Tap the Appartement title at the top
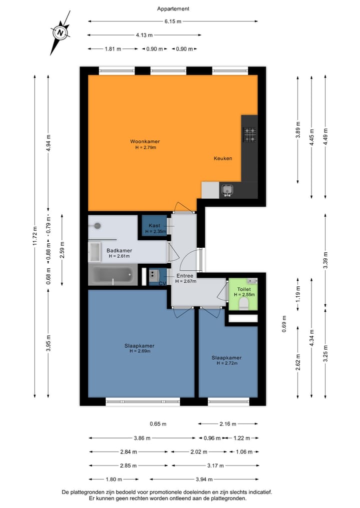pyautogui.click(x=173, y=8)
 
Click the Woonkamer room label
pyautogui.click(x=145, y=141)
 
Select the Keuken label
pyautogui.click(x=223, y=158)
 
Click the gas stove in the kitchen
pyautogui.click(x=249, y=134)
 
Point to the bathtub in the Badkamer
pyautogui.click(x=113, y=275)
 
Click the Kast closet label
pyautogui.click(x=154, y=226)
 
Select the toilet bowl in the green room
pyautogui.click(x=244, y=304)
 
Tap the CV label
pyautogui.click(x=162, y=283)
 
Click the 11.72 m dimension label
pyautogui.click(x=34, y=235)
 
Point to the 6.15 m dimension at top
pyautogui.click(x=173, y=21)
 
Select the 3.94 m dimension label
pyautogui.click(x=204, y=479)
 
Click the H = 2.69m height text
pyautogui.click(x=139, y=351)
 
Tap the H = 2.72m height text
pyautogui.click(x=226, y=363)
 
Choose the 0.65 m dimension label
pyautogui.click(x=158, y=424)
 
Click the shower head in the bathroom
pyautogui.click(x=97, y=226)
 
